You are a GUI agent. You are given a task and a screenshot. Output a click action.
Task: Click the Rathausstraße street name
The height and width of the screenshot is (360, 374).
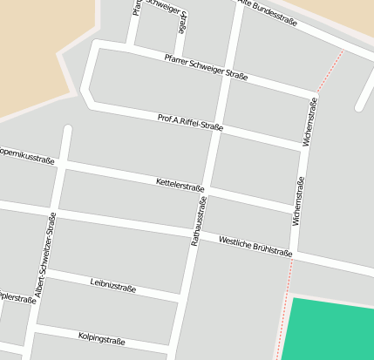[x=199, y=221]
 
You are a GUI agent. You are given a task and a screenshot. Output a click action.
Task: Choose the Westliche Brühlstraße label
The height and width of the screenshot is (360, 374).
[x=255, y=246]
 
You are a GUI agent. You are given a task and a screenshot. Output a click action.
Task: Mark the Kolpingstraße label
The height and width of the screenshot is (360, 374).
[x=102, y=336]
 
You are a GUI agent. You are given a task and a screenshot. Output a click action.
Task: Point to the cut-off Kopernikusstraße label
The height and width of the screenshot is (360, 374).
[x=26, y=156]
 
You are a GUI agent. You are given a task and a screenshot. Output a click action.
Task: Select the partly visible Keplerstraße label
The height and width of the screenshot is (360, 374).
[x=17, y=296]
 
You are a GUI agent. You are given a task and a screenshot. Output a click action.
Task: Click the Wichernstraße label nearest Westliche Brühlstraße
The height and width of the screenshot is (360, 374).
[x=299, y=203]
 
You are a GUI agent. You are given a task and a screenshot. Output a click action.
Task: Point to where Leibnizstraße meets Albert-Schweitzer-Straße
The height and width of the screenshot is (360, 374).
[x=44, y=272]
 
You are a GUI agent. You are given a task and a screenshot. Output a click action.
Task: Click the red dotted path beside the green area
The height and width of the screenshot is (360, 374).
[x=282, y=323]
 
